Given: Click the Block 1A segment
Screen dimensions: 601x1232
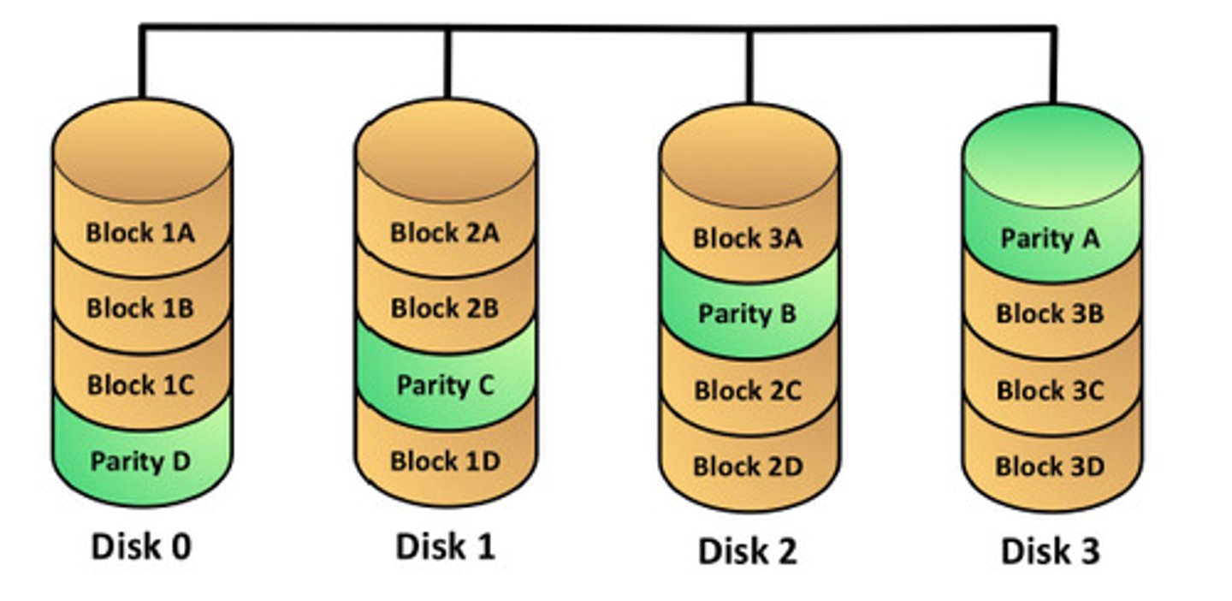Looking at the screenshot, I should pos(141,233).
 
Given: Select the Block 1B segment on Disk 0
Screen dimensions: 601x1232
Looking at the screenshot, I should pos(141,308).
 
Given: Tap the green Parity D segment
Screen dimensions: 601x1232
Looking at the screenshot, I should pos(141,462).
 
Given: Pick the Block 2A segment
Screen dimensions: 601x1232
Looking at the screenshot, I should pos(445,233).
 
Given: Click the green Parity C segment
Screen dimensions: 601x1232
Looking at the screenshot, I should pos(445,385).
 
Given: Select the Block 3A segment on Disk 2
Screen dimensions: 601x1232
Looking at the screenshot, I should pos(748,238).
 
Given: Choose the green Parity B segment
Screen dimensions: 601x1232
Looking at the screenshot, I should pos(748,314).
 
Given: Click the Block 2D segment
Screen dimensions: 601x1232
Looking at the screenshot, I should pos(748,467).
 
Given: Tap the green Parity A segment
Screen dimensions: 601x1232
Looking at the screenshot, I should pos(1051,238).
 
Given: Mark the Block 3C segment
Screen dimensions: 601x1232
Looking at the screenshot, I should pos(1051,391).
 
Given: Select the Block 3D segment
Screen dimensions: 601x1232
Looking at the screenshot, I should pos(1051,467).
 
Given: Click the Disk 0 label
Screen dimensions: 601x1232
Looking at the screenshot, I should pos(141,546).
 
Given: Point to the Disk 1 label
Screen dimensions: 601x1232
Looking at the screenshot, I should pos(445,546).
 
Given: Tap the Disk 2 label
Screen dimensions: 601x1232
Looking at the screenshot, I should pos(748,551).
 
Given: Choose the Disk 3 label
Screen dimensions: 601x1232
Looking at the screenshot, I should pos(1051,551).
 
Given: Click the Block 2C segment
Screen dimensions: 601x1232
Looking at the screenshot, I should pos(748,391).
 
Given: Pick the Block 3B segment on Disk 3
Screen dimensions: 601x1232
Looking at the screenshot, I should pos(1051,314).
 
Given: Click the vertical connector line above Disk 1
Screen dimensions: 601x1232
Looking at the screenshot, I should pos(447,64).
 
